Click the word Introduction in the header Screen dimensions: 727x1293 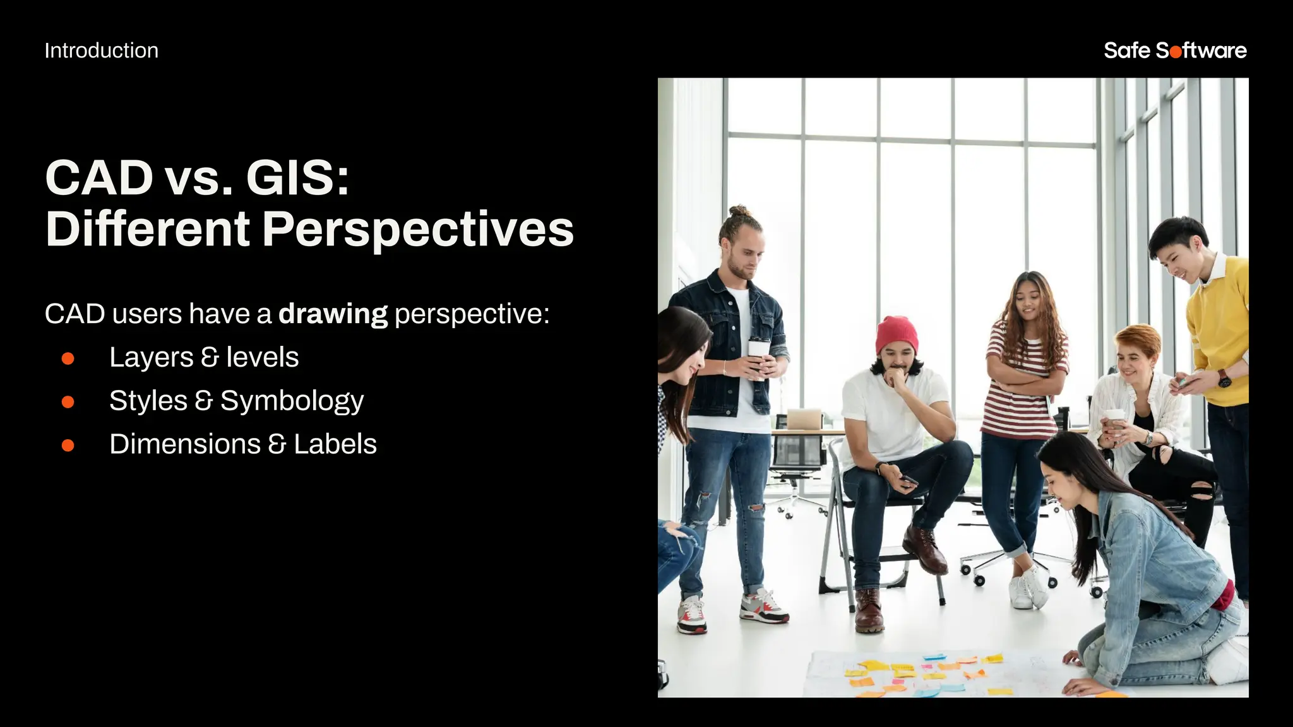[x=101, y=50]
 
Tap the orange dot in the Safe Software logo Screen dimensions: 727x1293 [x=1175, y=52]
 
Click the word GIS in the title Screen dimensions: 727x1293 [x=297, y=178]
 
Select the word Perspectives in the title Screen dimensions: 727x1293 [x=417, y=229]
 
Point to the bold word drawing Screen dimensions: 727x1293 [x=333, y=314]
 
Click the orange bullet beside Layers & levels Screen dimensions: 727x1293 [x=68, y=358]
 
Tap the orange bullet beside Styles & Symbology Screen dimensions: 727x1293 [x=68, y=402]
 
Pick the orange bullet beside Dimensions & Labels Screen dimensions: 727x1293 [x=68, y=446]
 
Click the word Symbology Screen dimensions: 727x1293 [x=292, y=401]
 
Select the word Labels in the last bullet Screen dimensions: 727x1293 [x=335, y=444]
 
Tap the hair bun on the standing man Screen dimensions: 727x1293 [x=739, y=211]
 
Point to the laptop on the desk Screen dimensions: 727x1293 [x=803, y=419]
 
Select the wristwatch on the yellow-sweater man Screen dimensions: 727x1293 [x=1224, y=379]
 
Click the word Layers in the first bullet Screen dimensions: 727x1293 [x=151, y=358]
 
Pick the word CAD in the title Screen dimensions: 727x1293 [x=99, y=178]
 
